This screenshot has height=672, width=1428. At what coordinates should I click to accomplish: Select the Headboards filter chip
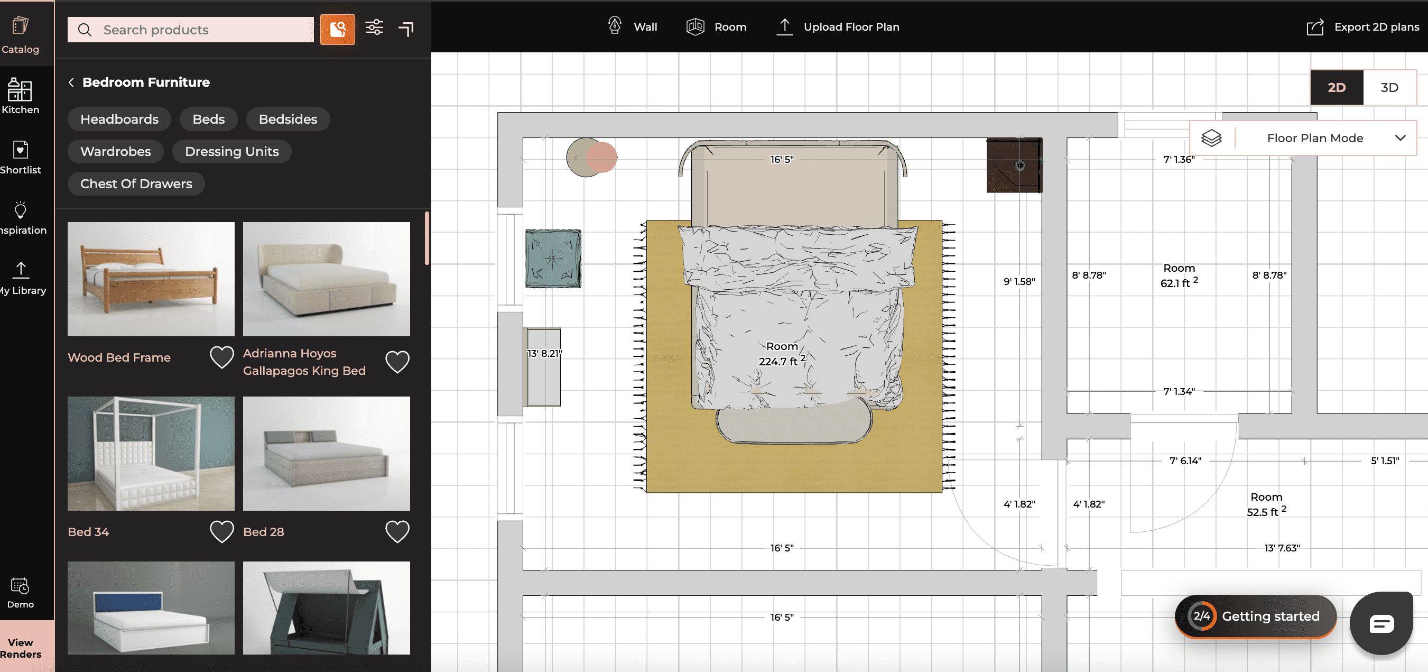(x=119, y=119)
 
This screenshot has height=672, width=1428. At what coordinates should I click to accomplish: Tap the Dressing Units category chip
(x=231, y=151)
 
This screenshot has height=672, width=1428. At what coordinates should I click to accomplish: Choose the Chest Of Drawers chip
(x=136, y=183)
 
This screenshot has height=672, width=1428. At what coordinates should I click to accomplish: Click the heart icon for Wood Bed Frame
(x=222, y=357)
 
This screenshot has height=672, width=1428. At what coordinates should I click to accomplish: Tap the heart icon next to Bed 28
(x=397, y=532)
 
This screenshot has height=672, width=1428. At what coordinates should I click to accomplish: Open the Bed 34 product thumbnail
(x=151, y=453)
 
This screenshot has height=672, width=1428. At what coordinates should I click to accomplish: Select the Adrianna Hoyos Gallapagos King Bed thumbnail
(x=326, y=279)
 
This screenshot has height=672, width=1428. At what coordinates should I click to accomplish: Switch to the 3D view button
(x=1389, y=88)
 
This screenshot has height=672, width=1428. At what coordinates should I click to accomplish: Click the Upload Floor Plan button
(x=838, y=27)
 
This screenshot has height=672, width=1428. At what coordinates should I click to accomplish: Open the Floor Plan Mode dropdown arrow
(x=1400, y=138)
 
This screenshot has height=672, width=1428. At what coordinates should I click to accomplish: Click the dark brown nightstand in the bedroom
(x=1013, y=165)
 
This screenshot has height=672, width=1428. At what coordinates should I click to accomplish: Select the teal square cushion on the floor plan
(x=553, y=259)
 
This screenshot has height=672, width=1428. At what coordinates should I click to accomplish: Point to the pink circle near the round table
(x=602, y=157)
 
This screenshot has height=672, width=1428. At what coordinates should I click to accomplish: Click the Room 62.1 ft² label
(x=1179, y=275)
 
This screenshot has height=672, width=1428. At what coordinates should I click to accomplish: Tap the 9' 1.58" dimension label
(x=1019, y=282)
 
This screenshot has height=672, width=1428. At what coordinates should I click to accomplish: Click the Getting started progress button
(x=1255, y=616)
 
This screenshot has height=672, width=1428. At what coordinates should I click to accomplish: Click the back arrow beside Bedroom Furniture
(x=71, y=82)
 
